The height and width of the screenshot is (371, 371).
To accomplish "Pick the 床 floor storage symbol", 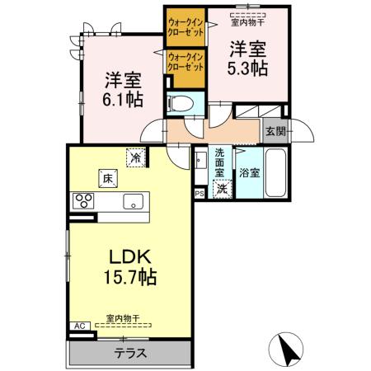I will [x=107, y=176].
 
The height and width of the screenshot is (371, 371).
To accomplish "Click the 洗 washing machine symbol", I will [x=222, y=188].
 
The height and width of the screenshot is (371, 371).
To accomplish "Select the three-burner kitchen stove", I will [x=86, y=201].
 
